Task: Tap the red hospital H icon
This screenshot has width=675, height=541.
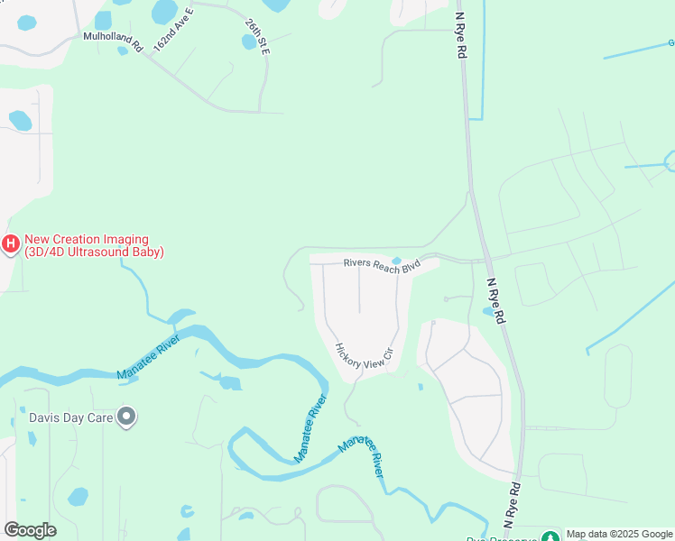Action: (11, 243)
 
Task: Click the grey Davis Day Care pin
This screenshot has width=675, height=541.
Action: (127, 417)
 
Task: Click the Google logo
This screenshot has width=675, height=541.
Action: (30, 530)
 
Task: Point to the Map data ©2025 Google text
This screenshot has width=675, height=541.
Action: (619, 535)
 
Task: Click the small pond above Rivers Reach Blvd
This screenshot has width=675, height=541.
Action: (396, 261)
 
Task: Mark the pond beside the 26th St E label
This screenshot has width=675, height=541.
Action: (249, 41)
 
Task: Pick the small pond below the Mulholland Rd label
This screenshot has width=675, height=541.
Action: (122, 50)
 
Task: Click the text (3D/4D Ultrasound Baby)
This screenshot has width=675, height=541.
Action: (95, 252)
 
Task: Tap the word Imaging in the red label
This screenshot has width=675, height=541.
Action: (122, 239)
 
